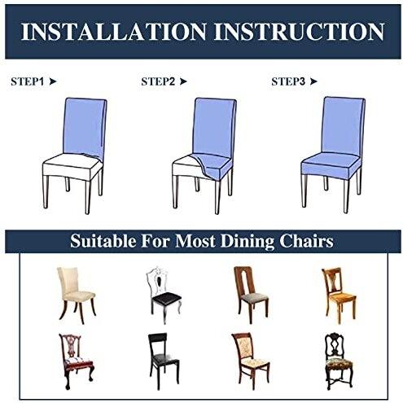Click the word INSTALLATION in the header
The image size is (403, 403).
point(113,32)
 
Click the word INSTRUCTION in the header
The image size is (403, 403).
point(299,32)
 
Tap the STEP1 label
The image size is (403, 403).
point(27,81)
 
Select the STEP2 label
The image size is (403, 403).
point(158,81)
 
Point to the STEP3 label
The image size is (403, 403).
point(288,81)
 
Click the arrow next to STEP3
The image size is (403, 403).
point(313,81)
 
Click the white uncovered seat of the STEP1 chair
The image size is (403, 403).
point(71,165)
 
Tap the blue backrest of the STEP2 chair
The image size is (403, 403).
point(214,128)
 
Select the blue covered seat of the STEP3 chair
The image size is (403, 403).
point(331,165)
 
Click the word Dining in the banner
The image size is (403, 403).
point(247,241)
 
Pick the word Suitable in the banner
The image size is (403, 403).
point(103,241)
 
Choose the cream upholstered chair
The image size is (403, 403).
point(76,296)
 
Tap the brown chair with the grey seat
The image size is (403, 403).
point(251,296)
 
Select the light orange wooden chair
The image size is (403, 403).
point(339,296)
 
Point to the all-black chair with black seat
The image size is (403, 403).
point(164,361)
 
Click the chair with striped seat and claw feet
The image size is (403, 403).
point(77,361)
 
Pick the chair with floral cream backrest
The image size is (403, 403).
point(250,361)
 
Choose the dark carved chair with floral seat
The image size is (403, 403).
point(339,361)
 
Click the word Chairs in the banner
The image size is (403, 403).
point(307,241)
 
